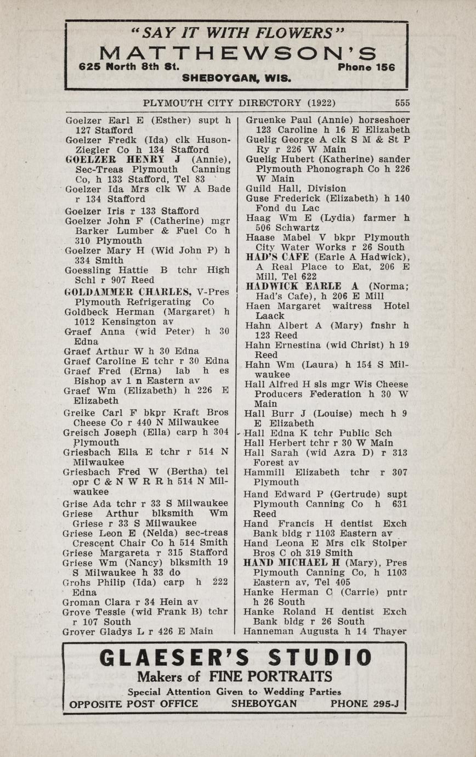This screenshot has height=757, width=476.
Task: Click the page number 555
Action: pos(402,103)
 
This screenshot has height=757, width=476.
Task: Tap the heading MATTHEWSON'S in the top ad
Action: pos(238,54)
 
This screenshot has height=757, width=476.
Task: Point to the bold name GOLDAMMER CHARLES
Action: pos(127,291)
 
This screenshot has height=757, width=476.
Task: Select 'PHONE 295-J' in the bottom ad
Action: pos(364,704)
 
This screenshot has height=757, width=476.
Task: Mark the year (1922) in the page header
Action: pos(321,103)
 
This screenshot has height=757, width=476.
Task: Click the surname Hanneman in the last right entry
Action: pos(269,631)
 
